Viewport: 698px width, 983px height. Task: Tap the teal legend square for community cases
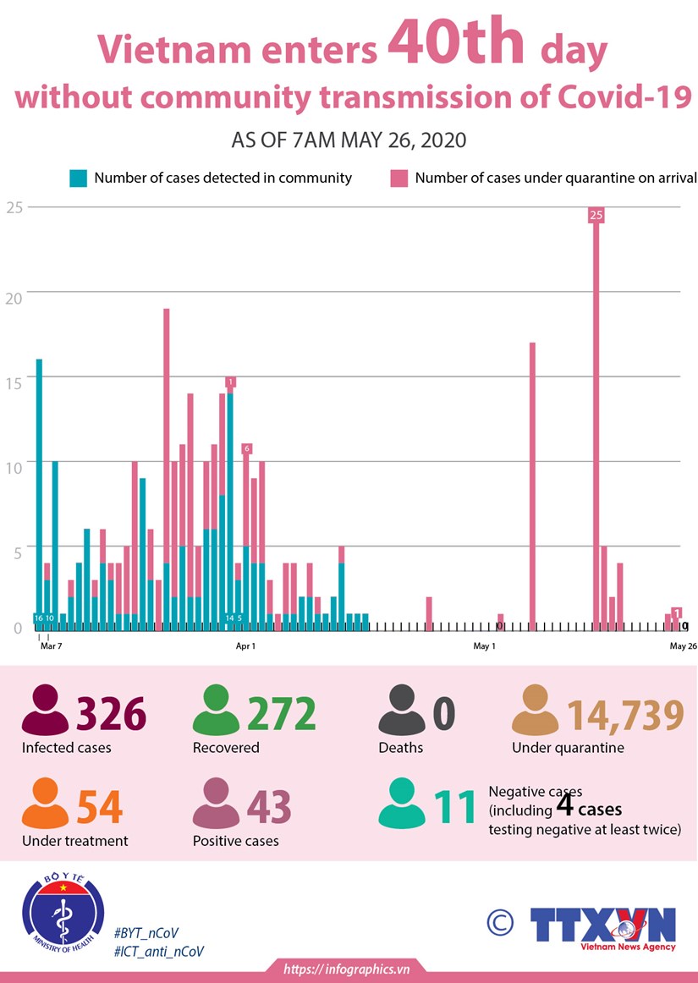[79, 178]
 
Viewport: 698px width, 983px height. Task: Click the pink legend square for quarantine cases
[398, 178]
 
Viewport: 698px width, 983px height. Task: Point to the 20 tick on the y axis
[14, 292]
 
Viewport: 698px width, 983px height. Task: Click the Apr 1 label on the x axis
[245, 646]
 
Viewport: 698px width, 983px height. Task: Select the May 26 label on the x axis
[683, 646]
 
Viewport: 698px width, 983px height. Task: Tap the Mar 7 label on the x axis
[51, 646]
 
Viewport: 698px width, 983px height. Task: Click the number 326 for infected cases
[112, 715]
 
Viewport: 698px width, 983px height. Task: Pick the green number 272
[282, 715]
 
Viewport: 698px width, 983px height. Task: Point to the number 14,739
[624, 715]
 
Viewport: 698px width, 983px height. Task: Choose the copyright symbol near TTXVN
[500, 922]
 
